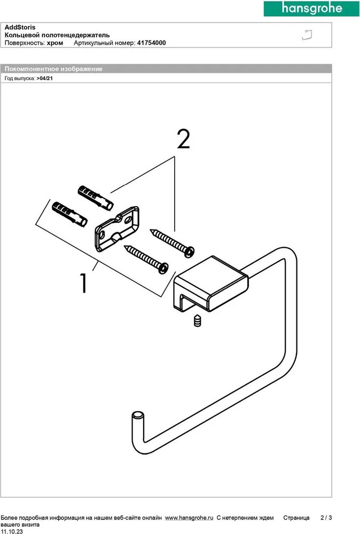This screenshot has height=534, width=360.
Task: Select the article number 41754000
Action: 152,43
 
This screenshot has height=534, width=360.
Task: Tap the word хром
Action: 56,43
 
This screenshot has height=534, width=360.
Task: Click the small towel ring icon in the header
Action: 307,35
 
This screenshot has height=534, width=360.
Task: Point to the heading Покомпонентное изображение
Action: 53,69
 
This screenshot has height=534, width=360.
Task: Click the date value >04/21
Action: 45,78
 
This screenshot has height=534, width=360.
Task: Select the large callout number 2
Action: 183,140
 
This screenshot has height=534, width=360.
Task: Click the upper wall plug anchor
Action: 95,198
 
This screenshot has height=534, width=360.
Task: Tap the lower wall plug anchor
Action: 69,213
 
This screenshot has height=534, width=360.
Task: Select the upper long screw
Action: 171,240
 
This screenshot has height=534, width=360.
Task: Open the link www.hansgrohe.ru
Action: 189,518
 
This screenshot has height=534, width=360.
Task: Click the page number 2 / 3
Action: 326,518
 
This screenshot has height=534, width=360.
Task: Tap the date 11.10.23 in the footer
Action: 11,531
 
